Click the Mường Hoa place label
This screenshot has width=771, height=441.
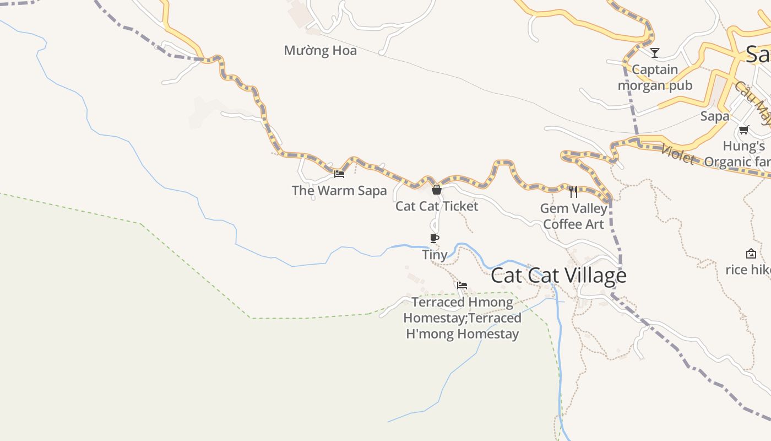point(320,51)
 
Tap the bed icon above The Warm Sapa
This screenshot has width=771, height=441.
point(339,174)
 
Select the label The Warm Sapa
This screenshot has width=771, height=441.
point(339,191)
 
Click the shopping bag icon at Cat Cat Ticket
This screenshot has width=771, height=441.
point(437,190)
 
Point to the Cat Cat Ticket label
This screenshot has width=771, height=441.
point(437,206)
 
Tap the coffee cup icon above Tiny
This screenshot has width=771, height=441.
point(435,238)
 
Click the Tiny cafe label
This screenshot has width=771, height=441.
point(435,255)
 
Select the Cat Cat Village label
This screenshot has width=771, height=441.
point(558,276)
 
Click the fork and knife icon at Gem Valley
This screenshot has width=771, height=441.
point(573,192)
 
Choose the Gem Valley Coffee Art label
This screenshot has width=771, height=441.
point(573,216)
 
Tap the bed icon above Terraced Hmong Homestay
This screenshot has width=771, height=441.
point(462,286)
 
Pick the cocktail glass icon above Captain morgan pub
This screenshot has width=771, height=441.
point(655,53)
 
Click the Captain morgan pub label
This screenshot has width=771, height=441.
point(655,78)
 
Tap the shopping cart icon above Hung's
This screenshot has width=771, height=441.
point(744,130)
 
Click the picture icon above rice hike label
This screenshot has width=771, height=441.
point(751,254)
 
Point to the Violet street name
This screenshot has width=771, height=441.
point(678,154)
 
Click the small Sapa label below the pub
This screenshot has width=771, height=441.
point(715,116)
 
